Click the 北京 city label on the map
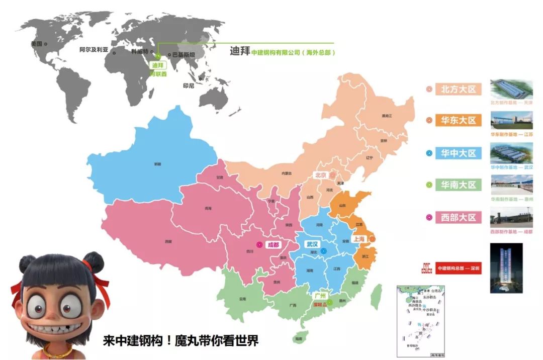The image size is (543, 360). [x=320, y=175]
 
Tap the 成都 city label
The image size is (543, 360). [x=273, y=245]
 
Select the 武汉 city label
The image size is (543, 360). [x=312, y=244]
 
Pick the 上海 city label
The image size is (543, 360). [x=359, y=239]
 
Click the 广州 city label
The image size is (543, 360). [x=320, y=296]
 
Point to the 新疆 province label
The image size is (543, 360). [x=157, y=164]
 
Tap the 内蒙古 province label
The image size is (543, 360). [x=287, y=173]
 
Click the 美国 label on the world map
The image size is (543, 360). [x=36, y=44]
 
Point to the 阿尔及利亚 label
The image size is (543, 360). [x=94, y=50]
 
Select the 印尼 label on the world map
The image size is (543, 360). [x=189, y=86]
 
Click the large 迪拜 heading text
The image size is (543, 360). [x=240, y=51]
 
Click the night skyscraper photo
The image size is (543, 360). [x=506, y=268]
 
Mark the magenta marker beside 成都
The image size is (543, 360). [x=259, y=245]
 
